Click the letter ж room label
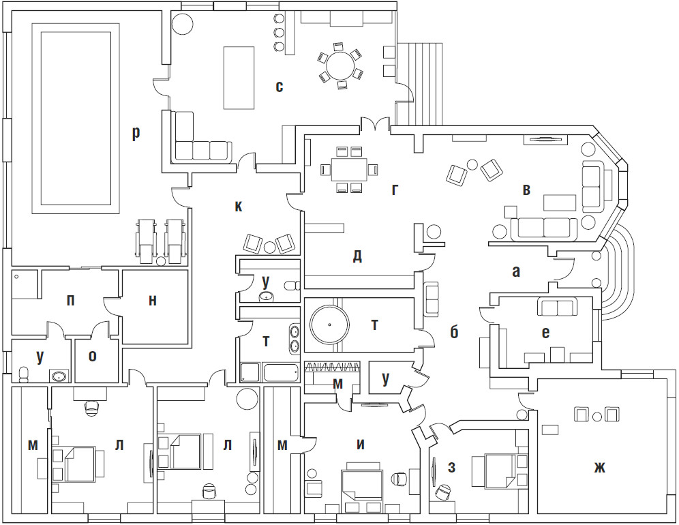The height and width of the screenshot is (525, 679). (599, 467)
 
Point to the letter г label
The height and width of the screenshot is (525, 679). (395, 189)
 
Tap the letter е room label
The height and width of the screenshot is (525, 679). (545, 333)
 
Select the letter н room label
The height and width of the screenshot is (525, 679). (152, 301)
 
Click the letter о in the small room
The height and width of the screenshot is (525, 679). (93, 355)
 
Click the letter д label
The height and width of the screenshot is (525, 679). (357, 256)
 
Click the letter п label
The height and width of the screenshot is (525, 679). (70, 301)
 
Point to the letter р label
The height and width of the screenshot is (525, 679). (136, 133)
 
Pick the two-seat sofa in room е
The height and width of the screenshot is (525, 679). (557, 307)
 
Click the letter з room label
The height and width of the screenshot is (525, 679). (452, 467)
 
